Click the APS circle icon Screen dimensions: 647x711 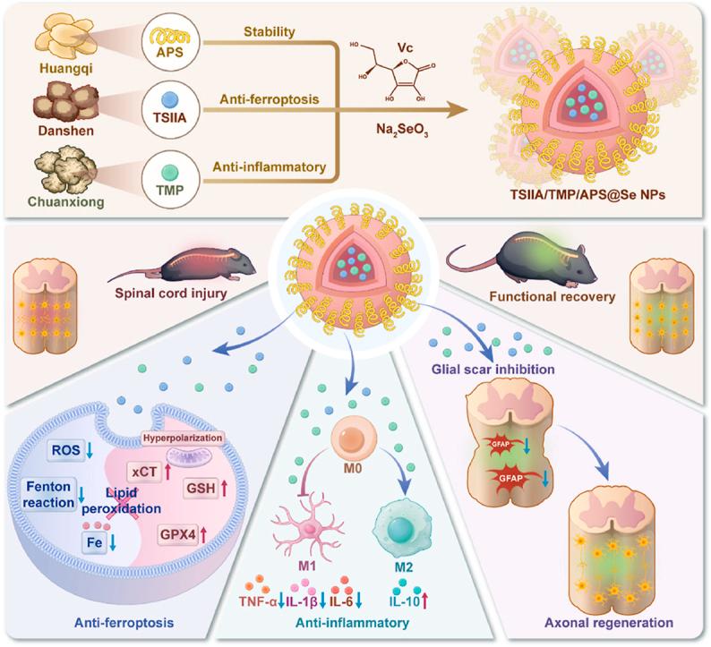click(167, 41)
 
